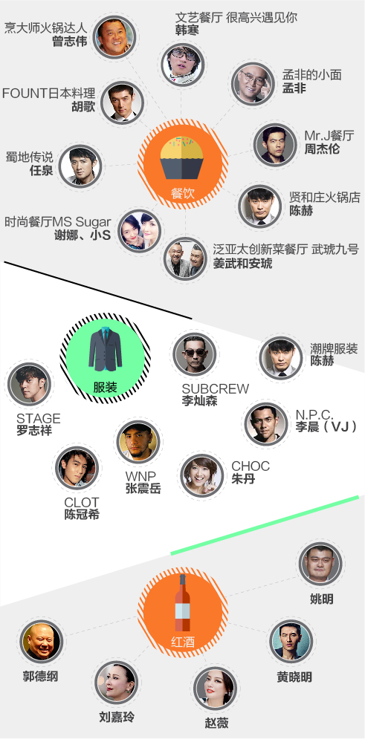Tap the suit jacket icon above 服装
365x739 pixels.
coord(105,349)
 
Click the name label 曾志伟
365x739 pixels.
coord(70,41)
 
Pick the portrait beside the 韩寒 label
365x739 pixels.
coord(182,64)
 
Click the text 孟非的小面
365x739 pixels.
coord(311,75)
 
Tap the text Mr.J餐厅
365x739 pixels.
coord(329,136)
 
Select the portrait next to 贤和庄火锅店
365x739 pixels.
coord(260,206)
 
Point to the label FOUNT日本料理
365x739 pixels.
coord(48,93)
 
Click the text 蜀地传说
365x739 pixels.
coord(29,157)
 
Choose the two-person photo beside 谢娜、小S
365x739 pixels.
coord(140,230)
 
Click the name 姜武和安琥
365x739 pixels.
coord(242,263)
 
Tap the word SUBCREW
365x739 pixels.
coord(216,389)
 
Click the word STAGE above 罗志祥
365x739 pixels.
coord(39,418)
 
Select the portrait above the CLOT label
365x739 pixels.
coord(77,467)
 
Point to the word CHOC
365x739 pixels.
coord(251,466)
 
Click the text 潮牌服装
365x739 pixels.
coord(334,349)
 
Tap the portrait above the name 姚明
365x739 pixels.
coord(320,564)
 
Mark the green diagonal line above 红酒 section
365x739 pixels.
coord(265,524)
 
